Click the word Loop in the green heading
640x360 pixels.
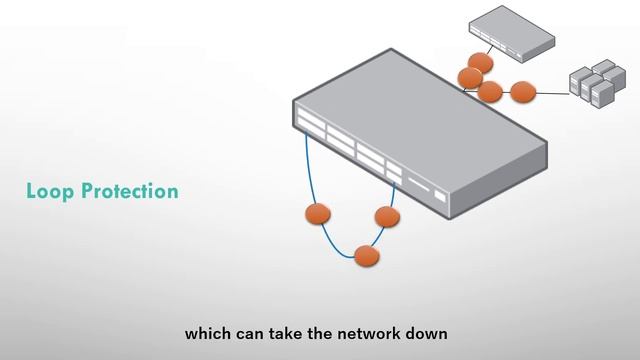tap(46, 192)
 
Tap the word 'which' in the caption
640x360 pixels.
tap(206, 333)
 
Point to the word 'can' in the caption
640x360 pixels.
tap(248, 333)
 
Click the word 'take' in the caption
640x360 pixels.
tap(285, 333)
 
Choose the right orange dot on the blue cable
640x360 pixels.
tap(386, 217)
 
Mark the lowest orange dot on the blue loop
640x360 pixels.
tap(367, 256)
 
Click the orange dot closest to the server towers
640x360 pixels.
tap(523, 93)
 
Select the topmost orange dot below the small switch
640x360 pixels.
tap(480, 63)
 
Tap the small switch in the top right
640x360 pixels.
tap(511, 34)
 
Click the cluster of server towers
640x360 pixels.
tap(591, 83)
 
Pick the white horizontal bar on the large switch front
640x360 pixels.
tap(418, 188)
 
